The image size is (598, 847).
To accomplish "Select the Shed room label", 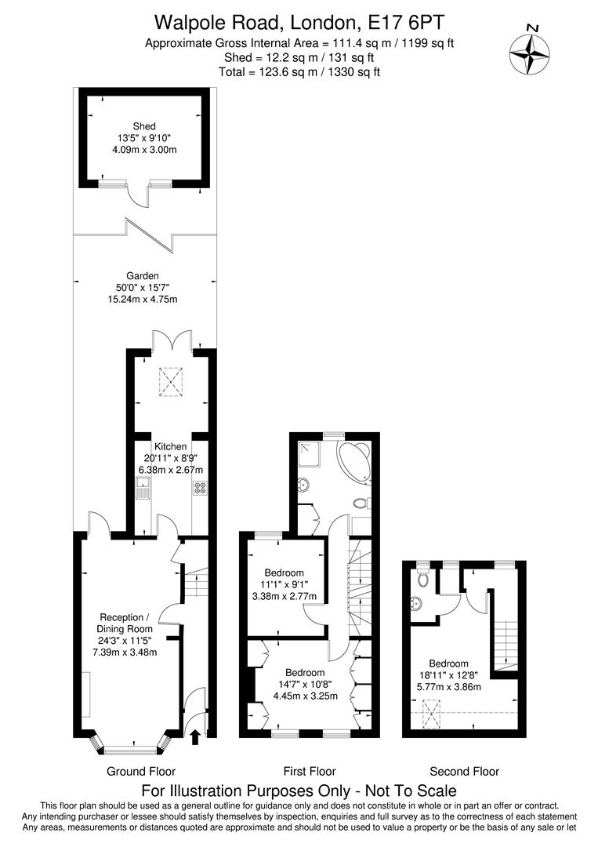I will point(143,126).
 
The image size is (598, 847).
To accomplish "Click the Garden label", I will point(143,276).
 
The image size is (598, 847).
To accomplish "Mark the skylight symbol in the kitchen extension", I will point(172,381).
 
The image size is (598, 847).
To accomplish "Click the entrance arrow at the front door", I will point(195,736).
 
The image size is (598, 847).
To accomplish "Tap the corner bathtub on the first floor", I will point(354,462).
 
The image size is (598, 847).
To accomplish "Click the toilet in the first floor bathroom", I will point(361,503).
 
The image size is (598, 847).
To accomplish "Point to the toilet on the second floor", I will point(422,579).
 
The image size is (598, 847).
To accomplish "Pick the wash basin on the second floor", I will point(416,604).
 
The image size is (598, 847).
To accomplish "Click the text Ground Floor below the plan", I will point(141,772).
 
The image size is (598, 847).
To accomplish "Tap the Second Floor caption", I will point(464,772).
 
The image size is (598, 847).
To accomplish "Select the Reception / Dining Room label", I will point(125,623).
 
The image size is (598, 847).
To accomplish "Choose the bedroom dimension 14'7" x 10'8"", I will point(305,685).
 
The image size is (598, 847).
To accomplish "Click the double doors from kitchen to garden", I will point(172,342).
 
